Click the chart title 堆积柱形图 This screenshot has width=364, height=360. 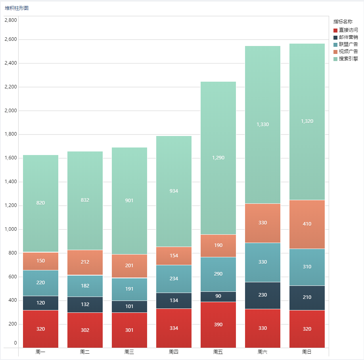click(x=17, y=8)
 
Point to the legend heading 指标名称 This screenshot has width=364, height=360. click(x=343, y=22)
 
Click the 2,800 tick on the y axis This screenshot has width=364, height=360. click(x=11, y=20)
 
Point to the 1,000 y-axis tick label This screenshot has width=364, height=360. click(x=11, y=229)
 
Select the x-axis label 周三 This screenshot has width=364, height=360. click(x=129, y=352)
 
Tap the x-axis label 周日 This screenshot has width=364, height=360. click(x=307, y=352)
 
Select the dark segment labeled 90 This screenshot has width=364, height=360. click(x=218, y=297)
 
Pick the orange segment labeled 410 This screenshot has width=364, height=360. click(x=307, y=224)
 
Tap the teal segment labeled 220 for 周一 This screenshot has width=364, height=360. click(x=40, y=283)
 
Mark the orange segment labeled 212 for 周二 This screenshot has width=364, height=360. click(x=85, y=262)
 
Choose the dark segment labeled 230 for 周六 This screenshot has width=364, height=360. click(x=262, y=295)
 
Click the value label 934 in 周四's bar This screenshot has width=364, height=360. click(x=174, y=191)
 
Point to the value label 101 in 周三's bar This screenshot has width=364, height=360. click(x=129, y=306)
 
